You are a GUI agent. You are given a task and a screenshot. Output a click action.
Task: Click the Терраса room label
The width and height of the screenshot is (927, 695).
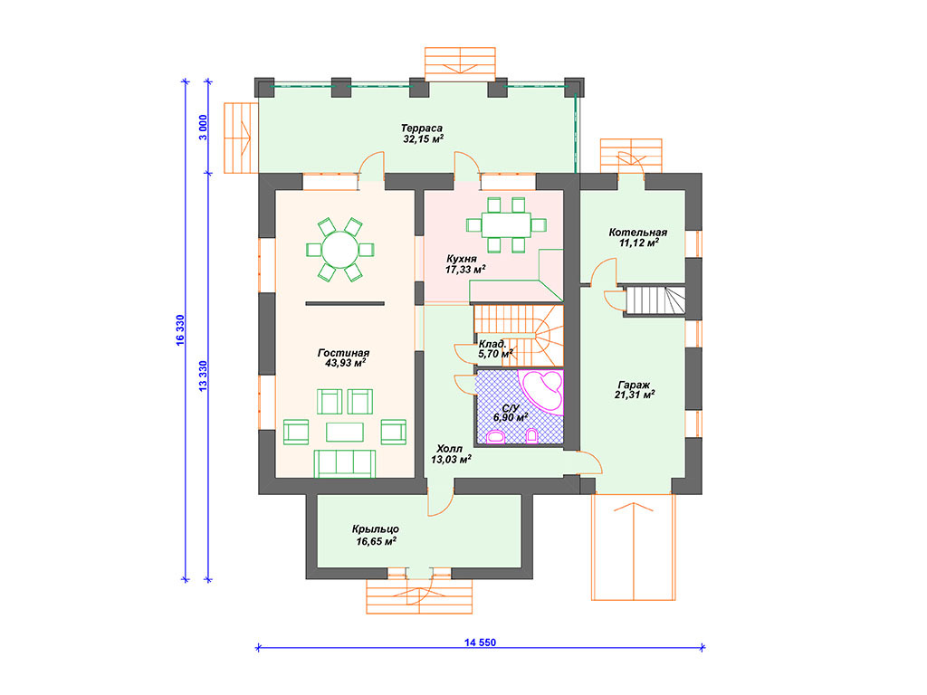coord(422,129)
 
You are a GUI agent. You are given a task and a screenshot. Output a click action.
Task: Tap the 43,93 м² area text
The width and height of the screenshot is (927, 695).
coord(345,363)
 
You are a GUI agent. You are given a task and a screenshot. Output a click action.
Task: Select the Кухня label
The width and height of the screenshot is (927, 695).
coord(461,259)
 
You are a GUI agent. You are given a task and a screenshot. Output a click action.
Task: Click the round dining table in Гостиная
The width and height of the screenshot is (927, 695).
coord(340,250)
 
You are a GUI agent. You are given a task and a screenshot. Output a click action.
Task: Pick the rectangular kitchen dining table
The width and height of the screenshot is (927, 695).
coord(505,224)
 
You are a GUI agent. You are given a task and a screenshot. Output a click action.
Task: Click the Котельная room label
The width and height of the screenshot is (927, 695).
coord(638,233)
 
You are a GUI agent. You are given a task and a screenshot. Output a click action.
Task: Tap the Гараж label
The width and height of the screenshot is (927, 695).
coord(634,385)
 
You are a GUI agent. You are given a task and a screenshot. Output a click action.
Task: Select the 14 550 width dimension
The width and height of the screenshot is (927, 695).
coord(480,643)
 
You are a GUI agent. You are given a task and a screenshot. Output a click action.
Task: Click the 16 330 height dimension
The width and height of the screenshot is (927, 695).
coord(180,329)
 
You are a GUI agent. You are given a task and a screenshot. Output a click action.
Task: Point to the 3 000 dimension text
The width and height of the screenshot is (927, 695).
coord(203,127)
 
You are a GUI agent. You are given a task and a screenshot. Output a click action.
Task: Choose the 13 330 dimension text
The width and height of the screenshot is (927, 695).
coord(203,376)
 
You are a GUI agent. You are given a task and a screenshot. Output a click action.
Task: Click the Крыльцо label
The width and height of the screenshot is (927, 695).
coord(376,528)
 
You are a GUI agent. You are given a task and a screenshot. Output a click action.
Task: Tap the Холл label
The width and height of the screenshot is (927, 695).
coord(449,449)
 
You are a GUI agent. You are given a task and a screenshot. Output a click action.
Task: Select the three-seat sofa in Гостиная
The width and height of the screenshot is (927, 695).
coord(345,463)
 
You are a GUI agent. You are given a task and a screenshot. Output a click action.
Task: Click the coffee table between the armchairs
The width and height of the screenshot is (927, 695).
coord(345,432)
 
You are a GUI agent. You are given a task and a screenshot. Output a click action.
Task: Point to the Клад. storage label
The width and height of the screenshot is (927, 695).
coord(492,344)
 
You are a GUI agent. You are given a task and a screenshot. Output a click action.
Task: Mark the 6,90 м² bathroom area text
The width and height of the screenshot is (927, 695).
coord(511,418)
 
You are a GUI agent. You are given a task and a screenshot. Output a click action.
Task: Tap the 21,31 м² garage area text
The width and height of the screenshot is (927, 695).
coord(635,395)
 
